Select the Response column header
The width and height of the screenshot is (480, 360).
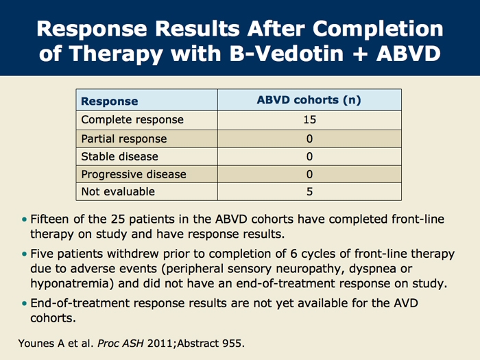[x=110, y=101]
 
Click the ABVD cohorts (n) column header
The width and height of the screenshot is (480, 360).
[x=309, y=100]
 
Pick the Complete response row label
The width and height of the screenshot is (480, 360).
[x=132, y=120]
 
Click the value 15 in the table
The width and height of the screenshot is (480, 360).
[x=309, y=120]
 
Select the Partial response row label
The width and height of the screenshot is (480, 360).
[x=123, y=139]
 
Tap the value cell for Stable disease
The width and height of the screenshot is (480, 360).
[x=309, y=156]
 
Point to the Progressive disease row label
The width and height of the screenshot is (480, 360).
[x=133, y=174]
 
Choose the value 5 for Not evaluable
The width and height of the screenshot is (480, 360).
[x=309, y=192]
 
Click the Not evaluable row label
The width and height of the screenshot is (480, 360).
[x=118, y=192]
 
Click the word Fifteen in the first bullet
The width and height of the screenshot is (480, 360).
[x=53, y=219]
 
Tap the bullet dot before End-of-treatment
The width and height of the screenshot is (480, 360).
[x=25, y=302]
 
